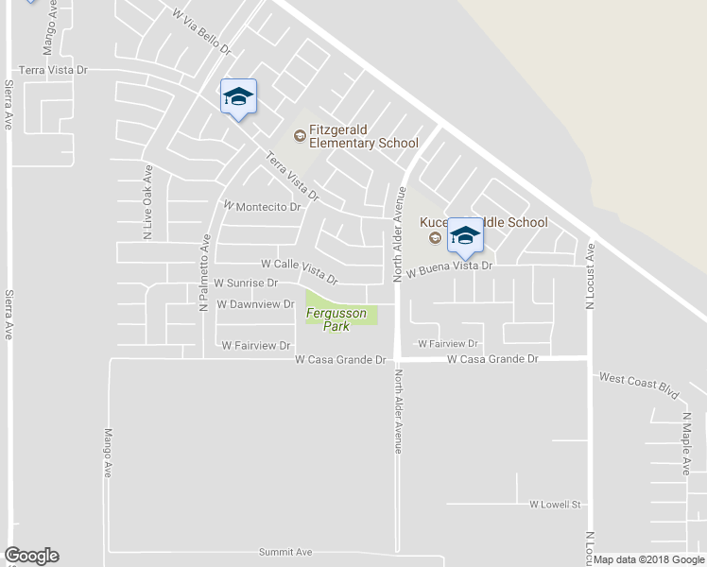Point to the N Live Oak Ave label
tap(148, 204)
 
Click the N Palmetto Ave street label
tap(203, 274)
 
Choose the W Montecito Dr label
tap(261, 205)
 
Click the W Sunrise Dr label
tap(246, 283)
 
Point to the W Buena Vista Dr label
tap(450, 266)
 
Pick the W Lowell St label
tap(554, 505)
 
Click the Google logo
tap(31, 556)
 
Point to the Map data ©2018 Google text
tap(649, 559)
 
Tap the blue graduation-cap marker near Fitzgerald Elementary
tap(238, 96)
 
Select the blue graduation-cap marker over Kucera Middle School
tap(465, 236)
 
